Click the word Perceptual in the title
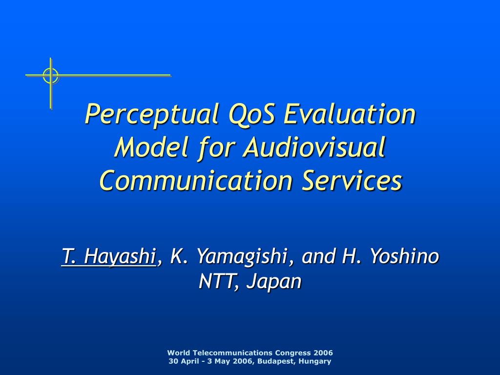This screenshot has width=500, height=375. tap(152, 114)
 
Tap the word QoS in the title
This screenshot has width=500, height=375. tap(251, 114)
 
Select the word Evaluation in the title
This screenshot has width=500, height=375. tap(350, 113)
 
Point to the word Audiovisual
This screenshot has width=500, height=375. tap(314, 147)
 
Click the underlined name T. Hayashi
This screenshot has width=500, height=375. tap(108, 256)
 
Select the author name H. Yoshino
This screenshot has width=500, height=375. tap(390, 255)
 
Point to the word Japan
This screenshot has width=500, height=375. tap(274, 282)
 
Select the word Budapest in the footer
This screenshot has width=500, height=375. tap(276, 361)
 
